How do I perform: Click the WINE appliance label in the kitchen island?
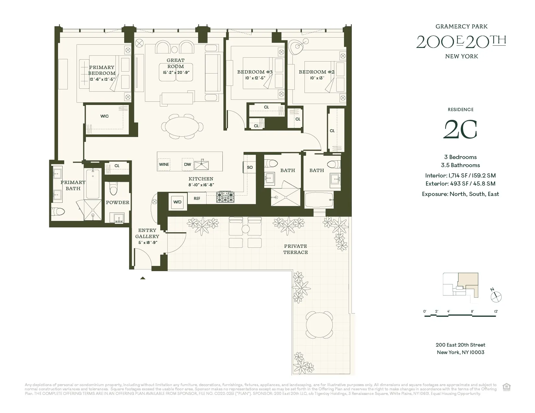[x=164, y=165]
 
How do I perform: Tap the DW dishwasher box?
[x=187, y=165]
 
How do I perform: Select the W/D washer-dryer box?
[x=177, y=202]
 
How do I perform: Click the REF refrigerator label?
[x=197, y=199]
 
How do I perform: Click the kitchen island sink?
[x=202, y=164]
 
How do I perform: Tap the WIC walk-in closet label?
[x=104, y=116]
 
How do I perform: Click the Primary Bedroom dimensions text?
[x=102, y=79]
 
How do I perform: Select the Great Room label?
[x=175, y=63]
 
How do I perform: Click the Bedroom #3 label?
[x=255, y=72]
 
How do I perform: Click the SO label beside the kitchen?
[x=250, y=167]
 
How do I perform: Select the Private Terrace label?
[x=295, y=249]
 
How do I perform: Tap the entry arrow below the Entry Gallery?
[x=142, y=278]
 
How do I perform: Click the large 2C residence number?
[x=460, y=130]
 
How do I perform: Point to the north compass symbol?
[x=496, y=296]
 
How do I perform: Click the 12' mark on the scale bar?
[x=496, y=312]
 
